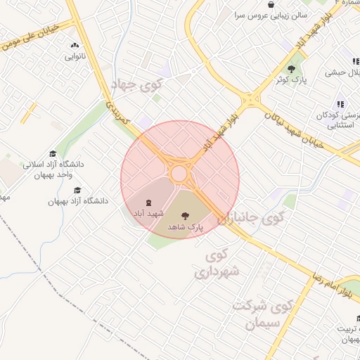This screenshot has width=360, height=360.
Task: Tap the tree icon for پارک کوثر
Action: click(292, 69)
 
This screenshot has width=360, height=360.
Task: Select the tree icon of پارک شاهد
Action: click(186, 217)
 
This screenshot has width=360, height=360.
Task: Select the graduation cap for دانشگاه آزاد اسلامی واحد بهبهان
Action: click(53, 154)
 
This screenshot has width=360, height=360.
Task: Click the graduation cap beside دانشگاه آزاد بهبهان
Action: click(77, 191)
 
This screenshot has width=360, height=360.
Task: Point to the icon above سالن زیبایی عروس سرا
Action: click(271, 4)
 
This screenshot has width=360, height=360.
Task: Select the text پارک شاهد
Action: click(186, 228)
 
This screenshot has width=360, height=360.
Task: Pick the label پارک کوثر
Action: click(292, 80)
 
